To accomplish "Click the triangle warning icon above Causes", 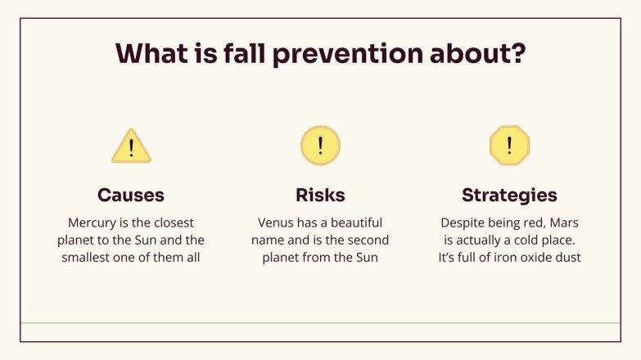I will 131,146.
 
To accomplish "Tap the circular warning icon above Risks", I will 320,146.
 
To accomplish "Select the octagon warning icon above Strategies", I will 509,146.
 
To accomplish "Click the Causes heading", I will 131,196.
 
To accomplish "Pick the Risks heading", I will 320,196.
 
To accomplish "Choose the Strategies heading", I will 509,196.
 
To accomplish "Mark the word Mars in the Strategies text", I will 563,223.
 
